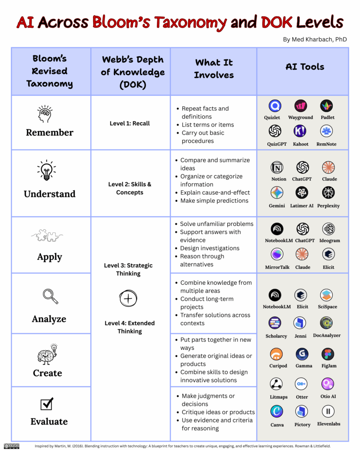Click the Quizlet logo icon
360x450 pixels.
[275, 106]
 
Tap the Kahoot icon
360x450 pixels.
[300, 131]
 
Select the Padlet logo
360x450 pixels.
[327, 106]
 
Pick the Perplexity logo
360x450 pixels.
[328, 192]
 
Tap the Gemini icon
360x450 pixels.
[277, 192]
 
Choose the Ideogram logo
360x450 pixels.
[328, 229]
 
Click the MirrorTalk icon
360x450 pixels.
[277, 254]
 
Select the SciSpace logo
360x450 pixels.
[327, 295]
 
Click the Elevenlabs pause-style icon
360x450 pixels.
[328, 411]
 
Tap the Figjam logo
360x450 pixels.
[327, 354]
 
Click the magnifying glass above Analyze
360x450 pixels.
[51, 296]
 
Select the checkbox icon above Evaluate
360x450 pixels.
[47, 403]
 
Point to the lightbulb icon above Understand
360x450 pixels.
[47, 170]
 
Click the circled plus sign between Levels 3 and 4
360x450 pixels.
[128, 299]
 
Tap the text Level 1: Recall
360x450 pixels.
[130, 123]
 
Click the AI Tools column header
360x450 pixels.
[305, 67]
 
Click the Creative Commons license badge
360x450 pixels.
[12, 446]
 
